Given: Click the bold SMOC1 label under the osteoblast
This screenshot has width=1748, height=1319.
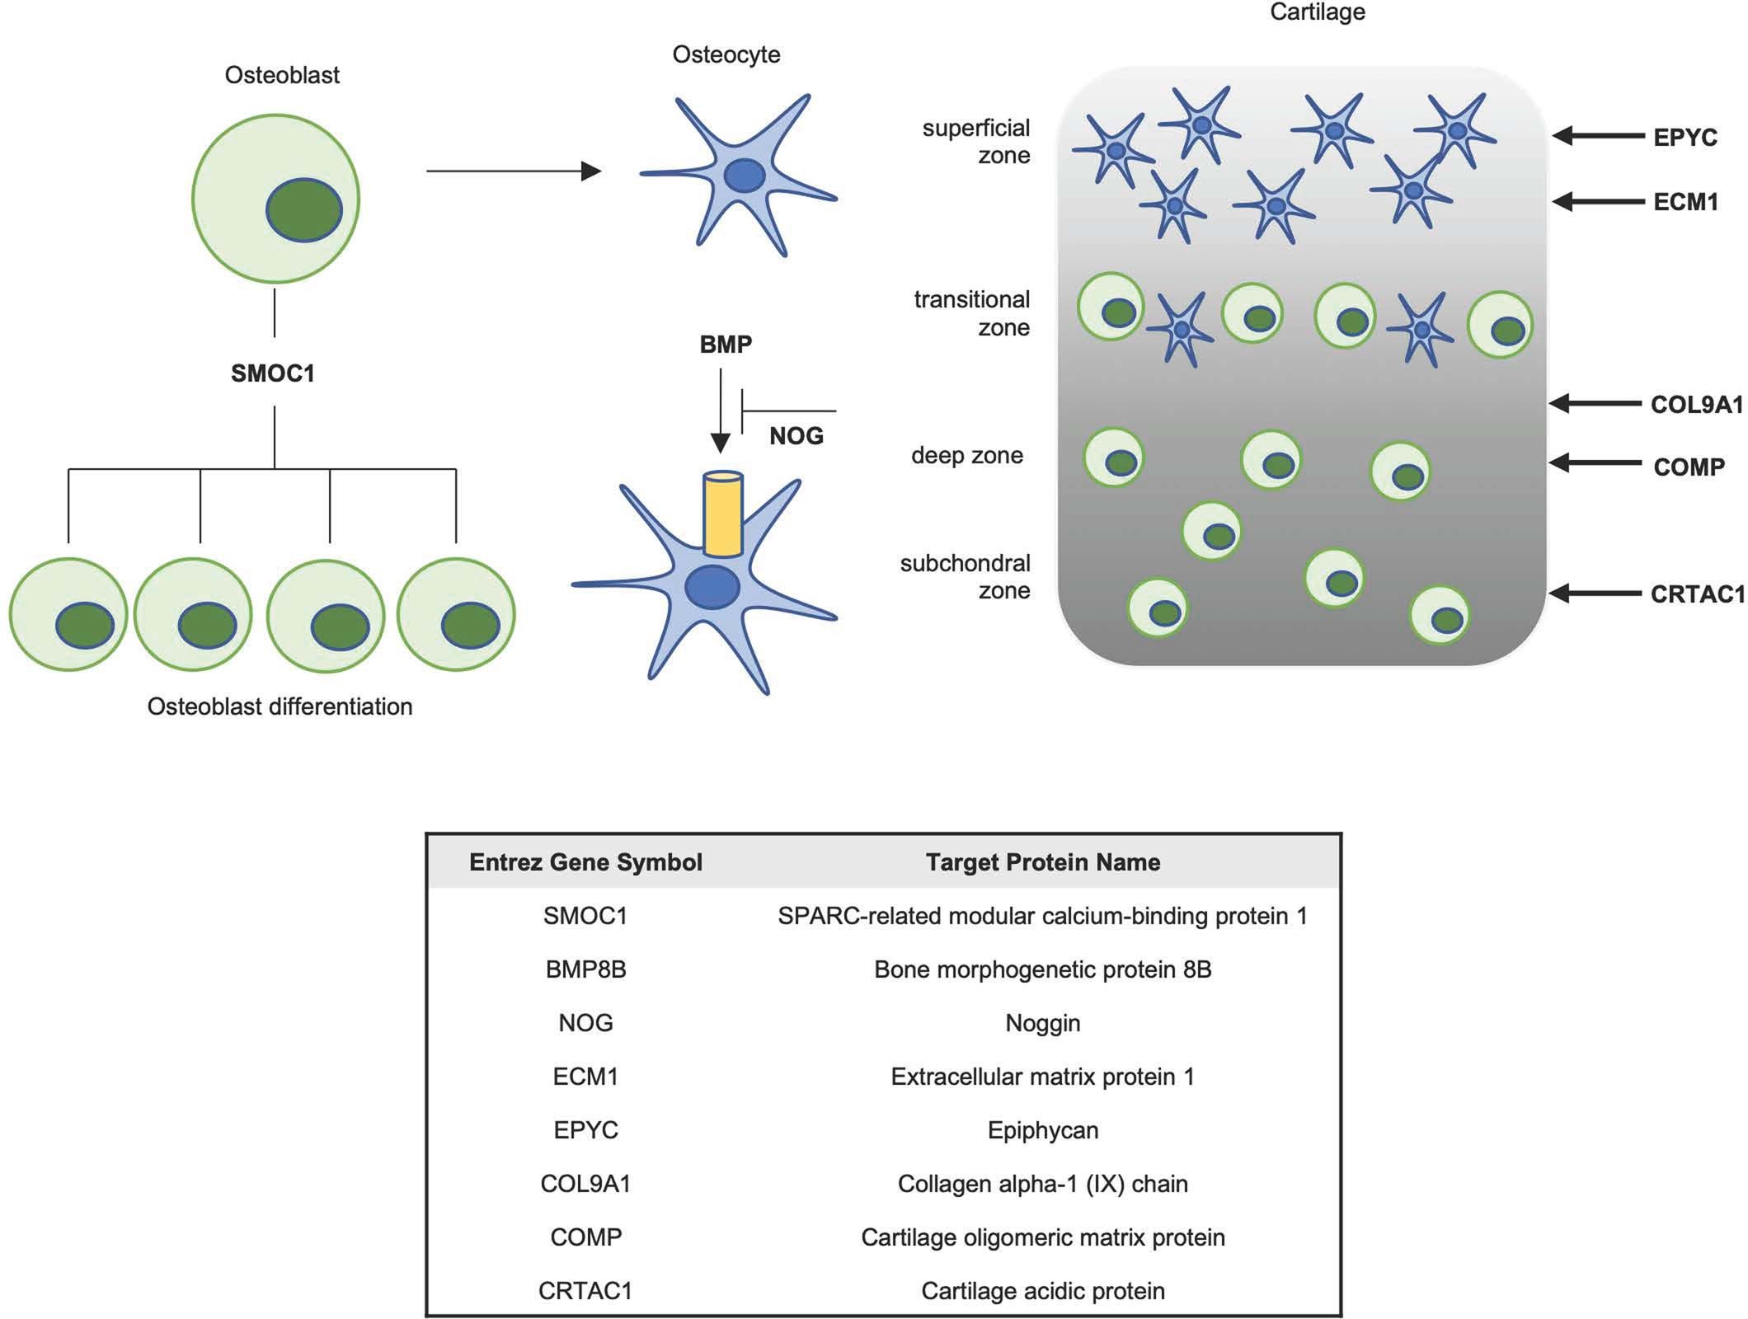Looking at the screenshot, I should click(x=273, y=373).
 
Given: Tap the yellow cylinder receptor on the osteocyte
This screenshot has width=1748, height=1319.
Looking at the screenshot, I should click(x=723, y=513).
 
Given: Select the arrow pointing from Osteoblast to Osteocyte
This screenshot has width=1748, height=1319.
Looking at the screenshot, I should click(x=514, y=171).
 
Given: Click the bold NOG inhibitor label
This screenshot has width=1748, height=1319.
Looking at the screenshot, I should click(x=796, y=435).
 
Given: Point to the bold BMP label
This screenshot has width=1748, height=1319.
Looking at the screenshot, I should click(x=726, y=345).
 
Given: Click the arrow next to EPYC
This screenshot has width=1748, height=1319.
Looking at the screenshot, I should click(x=1598, y=136).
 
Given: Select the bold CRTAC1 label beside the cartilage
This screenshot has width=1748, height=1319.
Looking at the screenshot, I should click(x=1697, y=594).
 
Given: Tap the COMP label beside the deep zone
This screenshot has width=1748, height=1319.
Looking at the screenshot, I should click(x=1689, y=467).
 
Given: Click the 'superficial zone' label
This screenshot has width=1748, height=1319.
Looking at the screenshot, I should click(x=977, y=142).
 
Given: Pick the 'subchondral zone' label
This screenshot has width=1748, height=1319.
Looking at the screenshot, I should click(x=966, y=576).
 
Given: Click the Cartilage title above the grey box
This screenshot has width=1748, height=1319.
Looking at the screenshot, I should click(x=1317, y=12).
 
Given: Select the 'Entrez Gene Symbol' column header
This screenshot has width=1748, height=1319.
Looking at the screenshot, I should click(x=585, y=862).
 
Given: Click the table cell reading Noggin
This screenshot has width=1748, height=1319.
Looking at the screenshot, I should click(x=1042, y=1023).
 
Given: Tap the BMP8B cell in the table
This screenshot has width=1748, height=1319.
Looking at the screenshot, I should click(x=585, y=969).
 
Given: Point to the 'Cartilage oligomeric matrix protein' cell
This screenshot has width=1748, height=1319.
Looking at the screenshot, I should click(x=1042, y=1237).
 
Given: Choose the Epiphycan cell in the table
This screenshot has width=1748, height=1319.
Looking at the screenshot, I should click(x=1042, y=1130).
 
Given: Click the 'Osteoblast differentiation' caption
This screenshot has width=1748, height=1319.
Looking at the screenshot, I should click(x=280, y=706).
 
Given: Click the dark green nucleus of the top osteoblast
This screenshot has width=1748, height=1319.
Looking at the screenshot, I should click(x=304, y=210).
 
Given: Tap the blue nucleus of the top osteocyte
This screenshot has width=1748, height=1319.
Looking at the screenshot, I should click(x=744, y=176).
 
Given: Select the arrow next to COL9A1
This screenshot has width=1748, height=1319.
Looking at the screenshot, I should click(x=1595, y=403).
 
